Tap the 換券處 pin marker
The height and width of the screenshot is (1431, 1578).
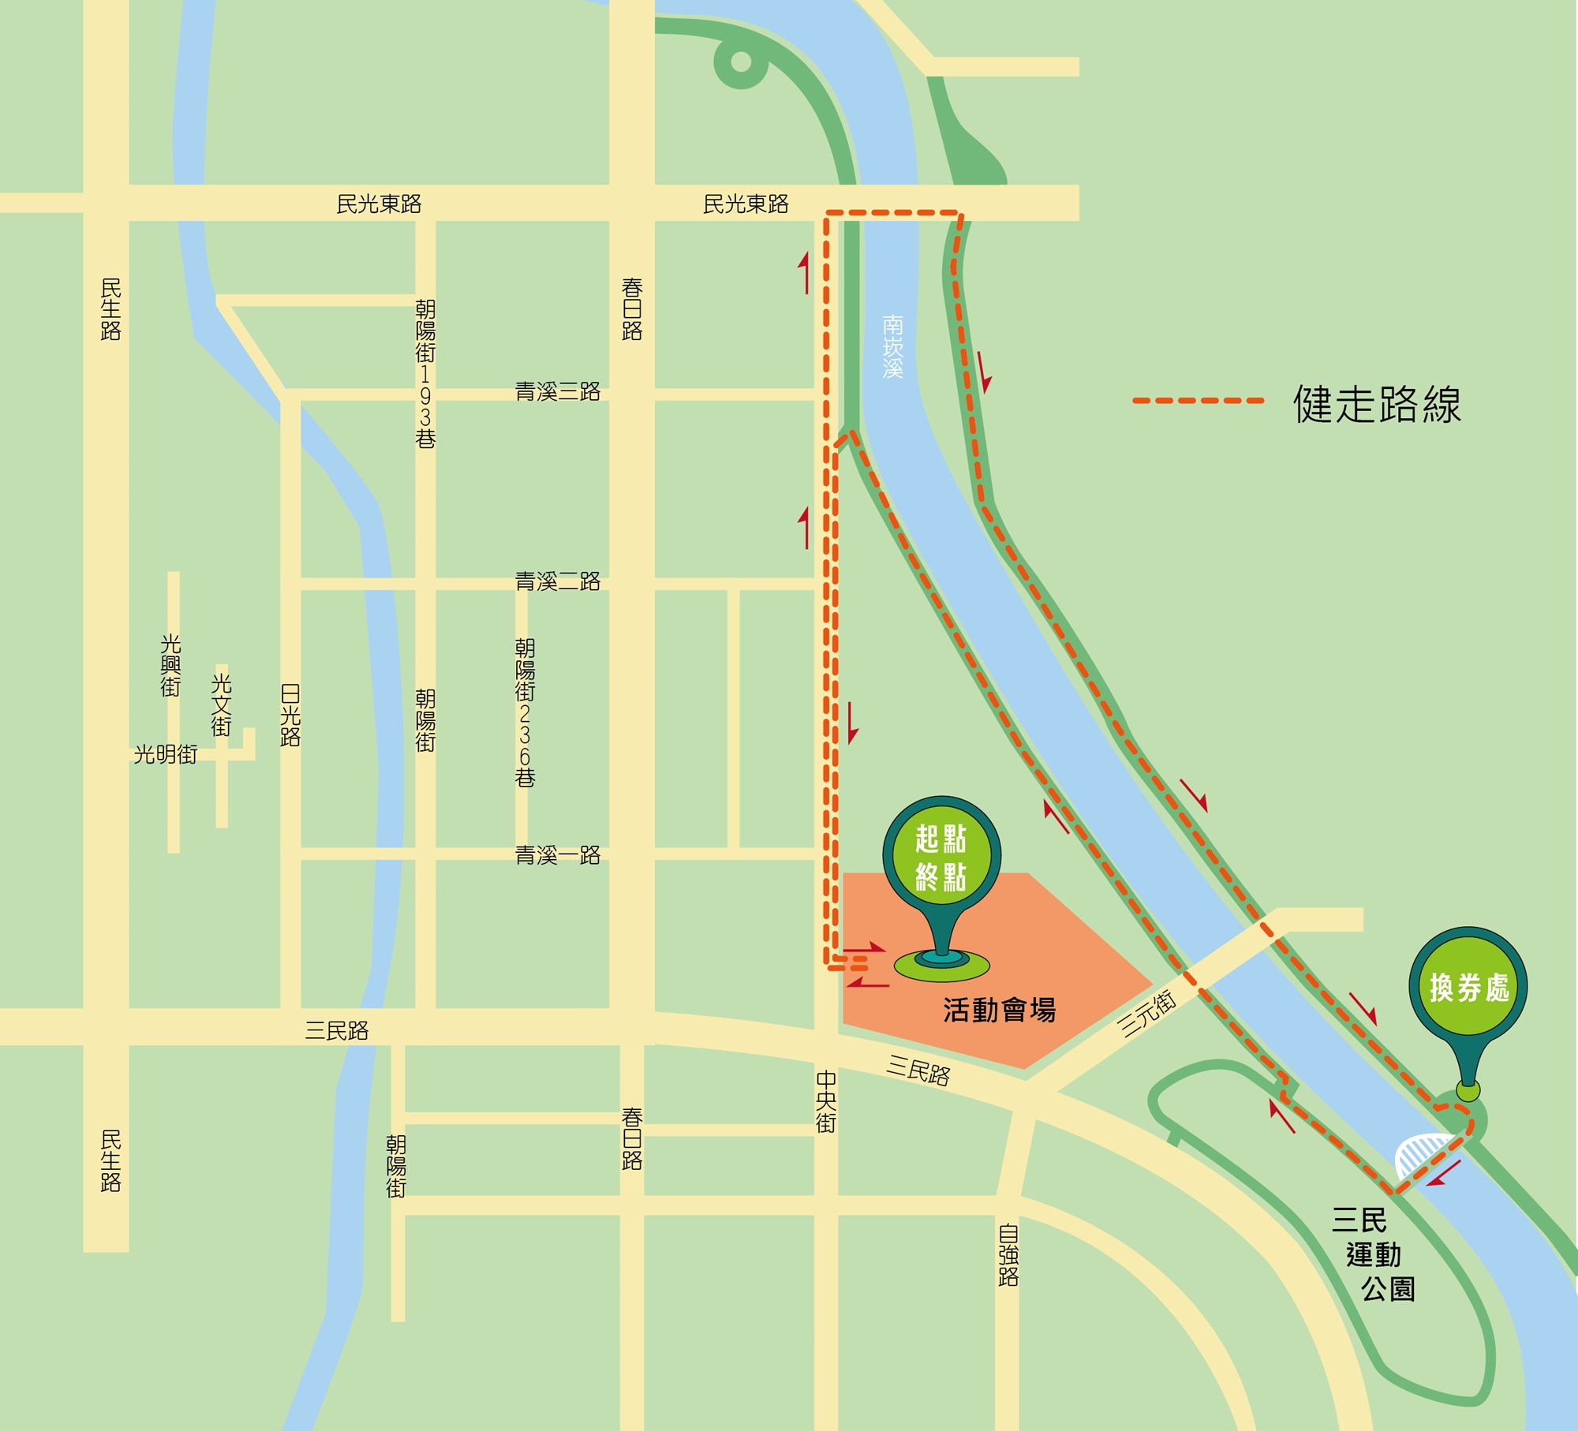pos(1468,986)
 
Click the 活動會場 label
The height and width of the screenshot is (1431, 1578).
pos(999,1010)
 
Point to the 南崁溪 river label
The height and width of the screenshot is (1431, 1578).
pos(892,347)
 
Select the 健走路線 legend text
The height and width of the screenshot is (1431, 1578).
pos(1377,404)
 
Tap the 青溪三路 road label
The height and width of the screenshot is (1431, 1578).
pos(558,391)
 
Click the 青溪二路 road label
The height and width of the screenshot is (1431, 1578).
pos(558,581)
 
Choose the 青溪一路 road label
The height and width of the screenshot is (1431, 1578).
pos(558,855)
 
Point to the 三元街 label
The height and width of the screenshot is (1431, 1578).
pos(1147,1013)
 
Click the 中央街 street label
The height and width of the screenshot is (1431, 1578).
pos(826,1101)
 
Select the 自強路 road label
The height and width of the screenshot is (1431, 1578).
pos(1008,1255)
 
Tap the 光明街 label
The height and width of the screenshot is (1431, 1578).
pos(166,755)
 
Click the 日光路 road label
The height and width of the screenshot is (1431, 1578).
pos(290,715)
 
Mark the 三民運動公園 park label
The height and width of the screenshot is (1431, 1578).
pos(1373,1254)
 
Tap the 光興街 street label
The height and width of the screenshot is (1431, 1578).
pos(170,665)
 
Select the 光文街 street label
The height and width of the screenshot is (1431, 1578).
pos(221,704)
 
